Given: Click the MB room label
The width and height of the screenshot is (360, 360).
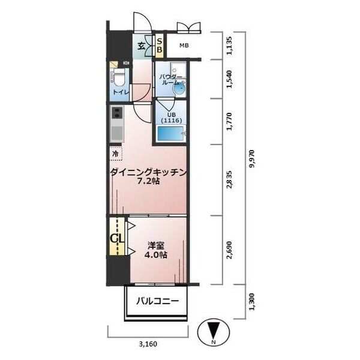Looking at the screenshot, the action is [184, 46].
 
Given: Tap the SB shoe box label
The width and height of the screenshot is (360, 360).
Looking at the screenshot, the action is [160, 46].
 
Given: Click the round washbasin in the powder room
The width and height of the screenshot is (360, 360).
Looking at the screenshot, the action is [179, 88].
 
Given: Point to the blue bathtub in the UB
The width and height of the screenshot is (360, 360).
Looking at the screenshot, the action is [171, 133].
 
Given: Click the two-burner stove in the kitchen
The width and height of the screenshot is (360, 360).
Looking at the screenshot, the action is [117, 113].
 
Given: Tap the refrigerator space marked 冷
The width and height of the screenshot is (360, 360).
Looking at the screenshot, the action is [116, 153].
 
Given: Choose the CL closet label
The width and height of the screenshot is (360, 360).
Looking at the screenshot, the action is [117, 238].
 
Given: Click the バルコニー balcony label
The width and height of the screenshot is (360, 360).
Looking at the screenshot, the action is [157, 301].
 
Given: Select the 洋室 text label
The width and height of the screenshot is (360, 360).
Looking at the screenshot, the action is [155, 245].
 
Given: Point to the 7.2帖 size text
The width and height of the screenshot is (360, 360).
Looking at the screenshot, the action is [148, 181].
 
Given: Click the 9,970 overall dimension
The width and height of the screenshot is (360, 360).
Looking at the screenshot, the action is [253, 159].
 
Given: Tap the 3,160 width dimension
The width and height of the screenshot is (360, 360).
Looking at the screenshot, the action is [148, 344].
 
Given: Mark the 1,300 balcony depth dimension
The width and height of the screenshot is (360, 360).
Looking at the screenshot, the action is [252, 302].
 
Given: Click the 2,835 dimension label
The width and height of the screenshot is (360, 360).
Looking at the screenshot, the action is [229, 180].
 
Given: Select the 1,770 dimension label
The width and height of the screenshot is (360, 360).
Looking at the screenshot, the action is [229, 121].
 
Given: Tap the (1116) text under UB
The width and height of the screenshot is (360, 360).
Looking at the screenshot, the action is [171, 121].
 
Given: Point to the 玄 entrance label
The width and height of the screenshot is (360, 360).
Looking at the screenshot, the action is [141, 46].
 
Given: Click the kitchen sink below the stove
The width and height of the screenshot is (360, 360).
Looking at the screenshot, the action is [117, 133].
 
